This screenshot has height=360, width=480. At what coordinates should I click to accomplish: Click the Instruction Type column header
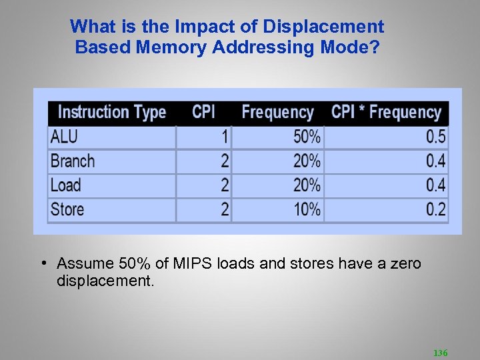pos(112,112)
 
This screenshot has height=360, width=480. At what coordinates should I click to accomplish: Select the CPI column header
pos(203,111)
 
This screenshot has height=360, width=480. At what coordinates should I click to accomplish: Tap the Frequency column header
pos(277,112)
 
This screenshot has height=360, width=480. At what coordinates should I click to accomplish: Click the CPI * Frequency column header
pos(386,112)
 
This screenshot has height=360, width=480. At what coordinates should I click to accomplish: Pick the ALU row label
pos(64,137)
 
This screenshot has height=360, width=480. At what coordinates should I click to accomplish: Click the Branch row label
pos(73,161)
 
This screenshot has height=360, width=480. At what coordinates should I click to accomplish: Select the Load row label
pos(65,185)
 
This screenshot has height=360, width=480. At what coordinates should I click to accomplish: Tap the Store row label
pos(67,209)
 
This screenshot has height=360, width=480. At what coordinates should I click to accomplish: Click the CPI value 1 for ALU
pos(225,137)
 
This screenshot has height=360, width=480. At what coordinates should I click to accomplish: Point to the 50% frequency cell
pos(307,137)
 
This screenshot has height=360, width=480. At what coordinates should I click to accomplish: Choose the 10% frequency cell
pos(307,209)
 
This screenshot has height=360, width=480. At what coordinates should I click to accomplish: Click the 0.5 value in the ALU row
pos(435,137)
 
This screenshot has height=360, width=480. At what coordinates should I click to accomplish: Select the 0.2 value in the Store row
pos(435,209)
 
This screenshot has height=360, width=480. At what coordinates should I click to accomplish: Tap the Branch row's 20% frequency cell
pos(307,161)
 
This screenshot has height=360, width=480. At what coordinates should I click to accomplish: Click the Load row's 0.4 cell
pos(435,185)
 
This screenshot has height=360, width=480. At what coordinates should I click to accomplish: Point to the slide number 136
pos(440,352)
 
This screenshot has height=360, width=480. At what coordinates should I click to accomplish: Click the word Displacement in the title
pos(323,27)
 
